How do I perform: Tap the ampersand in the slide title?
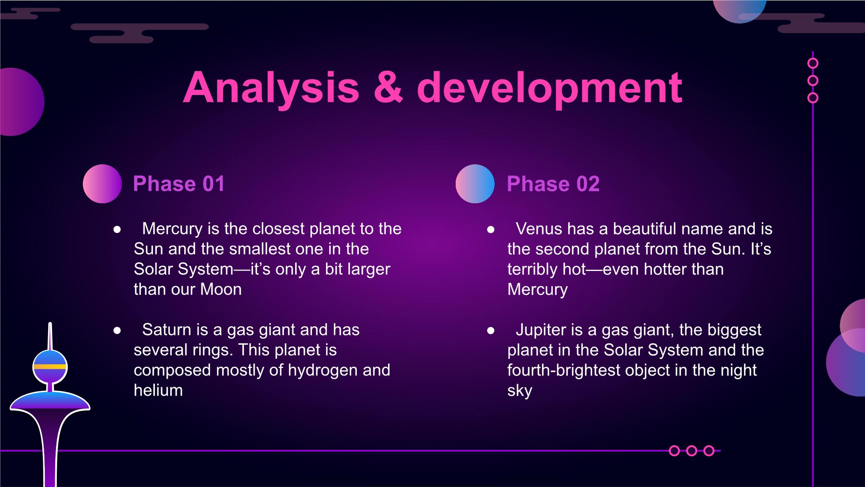point(388,88)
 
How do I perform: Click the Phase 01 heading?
point(179,184)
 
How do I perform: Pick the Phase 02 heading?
point(553,184)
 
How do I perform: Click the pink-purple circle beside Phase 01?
point(102,184)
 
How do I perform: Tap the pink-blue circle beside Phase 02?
point(475,184)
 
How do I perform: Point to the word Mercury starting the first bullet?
point(173,229)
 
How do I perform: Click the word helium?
point(158,390)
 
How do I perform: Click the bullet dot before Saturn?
point(117,330)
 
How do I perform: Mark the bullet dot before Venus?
point(491,230)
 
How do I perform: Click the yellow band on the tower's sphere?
point(50,366)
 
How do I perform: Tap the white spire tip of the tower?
point(50,323)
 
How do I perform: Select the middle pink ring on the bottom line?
point(692,451)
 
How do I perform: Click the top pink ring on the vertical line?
point(813,63)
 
